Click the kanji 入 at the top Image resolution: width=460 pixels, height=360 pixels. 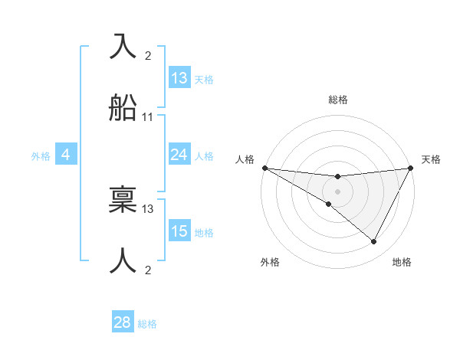[124, 47]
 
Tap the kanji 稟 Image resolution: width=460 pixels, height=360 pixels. [124, 199]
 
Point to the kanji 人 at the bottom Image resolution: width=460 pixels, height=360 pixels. [124, 260]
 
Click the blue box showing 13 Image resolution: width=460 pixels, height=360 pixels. [179, 78]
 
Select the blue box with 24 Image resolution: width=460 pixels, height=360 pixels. [179, 155]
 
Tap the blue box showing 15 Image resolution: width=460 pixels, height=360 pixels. [179, 231]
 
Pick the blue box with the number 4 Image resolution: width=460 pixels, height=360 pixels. [66, 155]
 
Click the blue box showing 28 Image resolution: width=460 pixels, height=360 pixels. [123, 322]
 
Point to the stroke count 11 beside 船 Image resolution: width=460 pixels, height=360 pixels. [148, 117]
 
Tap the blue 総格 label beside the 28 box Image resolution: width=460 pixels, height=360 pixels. [147, 324]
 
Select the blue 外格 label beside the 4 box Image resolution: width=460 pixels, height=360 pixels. [41, 156]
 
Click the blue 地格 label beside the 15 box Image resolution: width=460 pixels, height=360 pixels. [204, 233]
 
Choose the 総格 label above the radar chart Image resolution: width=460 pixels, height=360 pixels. [337, 100]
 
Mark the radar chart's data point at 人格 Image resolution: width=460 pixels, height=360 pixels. [264, 168]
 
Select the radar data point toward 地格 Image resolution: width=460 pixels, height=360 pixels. [374, 242]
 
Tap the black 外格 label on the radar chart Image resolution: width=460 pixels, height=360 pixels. [270, 262]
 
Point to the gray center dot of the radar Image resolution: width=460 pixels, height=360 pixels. [337, 191]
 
